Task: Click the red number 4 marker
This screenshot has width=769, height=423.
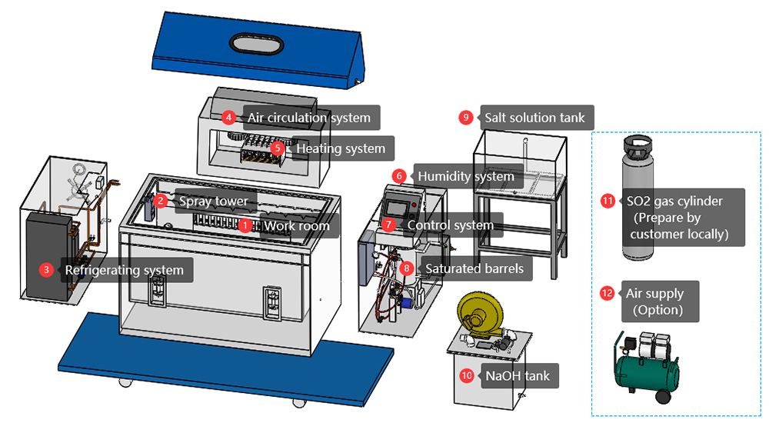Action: (x=228, y=118)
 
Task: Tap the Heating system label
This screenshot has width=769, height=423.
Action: (x=341, y=148)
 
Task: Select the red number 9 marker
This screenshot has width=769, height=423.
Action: (x=465, y=118)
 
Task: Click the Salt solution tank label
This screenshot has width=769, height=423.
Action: (x=534, y=118)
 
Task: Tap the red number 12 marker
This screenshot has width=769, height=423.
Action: (x=607, y=293)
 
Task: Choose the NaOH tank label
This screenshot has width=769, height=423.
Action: (x=517, y=376)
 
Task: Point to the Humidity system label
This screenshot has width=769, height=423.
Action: (x=465, y=176)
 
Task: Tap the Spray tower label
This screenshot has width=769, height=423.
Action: (x=213, y=202)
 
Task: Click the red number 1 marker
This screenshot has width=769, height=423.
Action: (x=245, y=226)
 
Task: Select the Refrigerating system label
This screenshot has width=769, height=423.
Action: (x=124, y=270)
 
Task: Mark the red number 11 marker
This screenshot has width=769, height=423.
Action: (x=608, y=201)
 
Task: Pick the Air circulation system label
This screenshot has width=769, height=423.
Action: (x=308, y=118)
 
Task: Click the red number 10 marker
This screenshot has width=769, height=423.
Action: (x=467, y=376)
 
